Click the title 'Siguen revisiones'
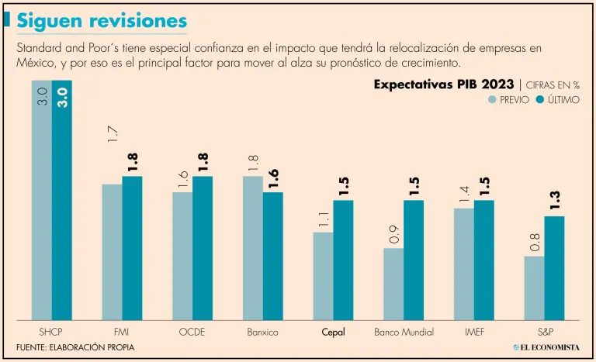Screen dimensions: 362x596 tap(102, 19)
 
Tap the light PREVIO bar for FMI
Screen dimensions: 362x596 tap(112, 252)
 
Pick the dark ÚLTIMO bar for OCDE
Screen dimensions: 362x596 tap(203, 248)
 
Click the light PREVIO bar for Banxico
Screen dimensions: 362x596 tap(252, 248)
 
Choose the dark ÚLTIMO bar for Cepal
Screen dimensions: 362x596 tap(343, 260)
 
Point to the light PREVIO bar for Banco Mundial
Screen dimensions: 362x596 tap(393, 284)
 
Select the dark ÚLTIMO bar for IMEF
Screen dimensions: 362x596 tap(484, 260)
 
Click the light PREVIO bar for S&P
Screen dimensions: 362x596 tap(534, 288)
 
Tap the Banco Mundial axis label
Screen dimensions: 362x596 tap(404, 332)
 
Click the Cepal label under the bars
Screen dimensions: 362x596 tap(333, 332)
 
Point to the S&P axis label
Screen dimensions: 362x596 tap(544, 332)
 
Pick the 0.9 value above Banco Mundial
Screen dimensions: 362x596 tap(393, 234)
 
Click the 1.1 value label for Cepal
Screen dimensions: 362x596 tap(323, 220)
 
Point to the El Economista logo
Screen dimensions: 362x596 tap(546, 346)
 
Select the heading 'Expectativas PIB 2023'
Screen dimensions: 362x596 tap(443, 84)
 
